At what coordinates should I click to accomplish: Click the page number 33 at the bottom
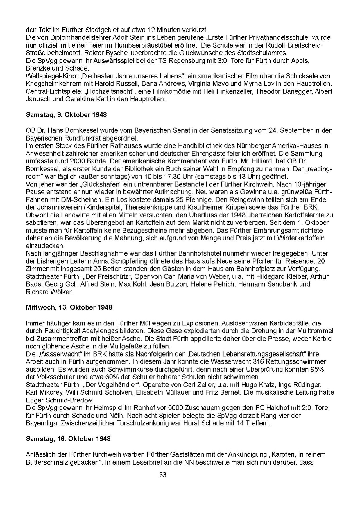coord(163,475)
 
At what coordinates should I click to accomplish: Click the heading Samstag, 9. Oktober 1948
coord(66,115)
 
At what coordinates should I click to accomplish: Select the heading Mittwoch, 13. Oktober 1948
coord(69,307)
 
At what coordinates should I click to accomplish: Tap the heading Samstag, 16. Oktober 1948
coord(68,438)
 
